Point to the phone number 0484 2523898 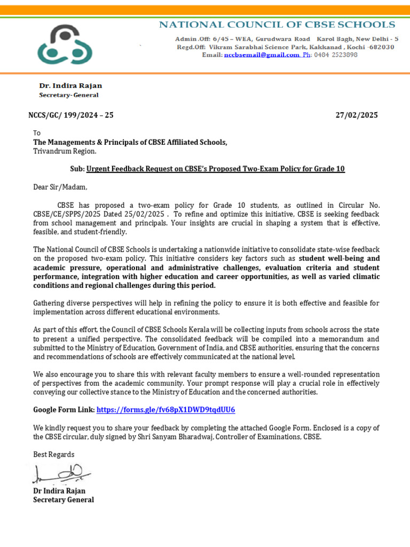click(336, 55)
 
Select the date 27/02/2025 click(356, 115)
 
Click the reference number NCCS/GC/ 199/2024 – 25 click(71, 115)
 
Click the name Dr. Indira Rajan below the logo click(70, 85)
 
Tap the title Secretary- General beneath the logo click(68, 95)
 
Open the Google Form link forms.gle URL click(166, 410)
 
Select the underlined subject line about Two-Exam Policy click(215, 169)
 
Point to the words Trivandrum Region click(65, 151)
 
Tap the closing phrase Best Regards click(54, 454)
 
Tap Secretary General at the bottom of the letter click(64, 499)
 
